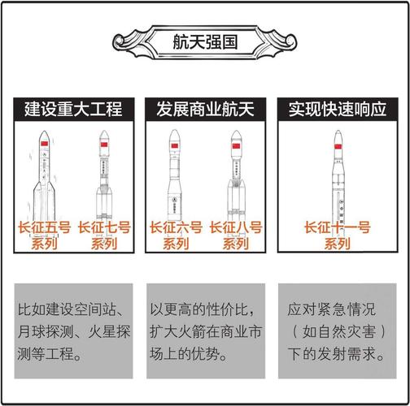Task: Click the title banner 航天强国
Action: pos(205,42)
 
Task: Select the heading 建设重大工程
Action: pos(74,109)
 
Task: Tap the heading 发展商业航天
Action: pos(205,109)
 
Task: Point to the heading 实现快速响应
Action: pos(338,109)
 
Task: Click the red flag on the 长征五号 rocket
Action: pos(44,144)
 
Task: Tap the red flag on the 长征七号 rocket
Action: pos(104,145)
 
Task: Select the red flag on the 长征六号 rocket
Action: pos(175,146)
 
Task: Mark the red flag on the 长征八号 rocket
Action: pos(236,146)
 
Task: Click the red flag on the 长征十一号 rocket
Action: pos(338,146)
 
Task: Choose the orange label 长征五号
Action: pos(44,227)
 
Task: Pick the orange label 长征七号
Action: pos(104,227)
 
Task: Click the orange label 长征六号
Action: pos(176,227)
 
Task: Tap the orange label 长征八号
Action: pos(236,227)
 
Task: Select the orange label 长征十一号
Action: pos(338,227)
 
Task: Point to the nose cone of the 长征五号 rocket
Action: pos(44,136)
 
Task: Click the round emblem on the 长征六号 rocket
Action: pos(175,200)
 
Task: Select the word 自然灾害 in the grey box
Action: pos(339,331)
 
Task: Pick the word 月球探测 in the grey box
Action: pos(46,331)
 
